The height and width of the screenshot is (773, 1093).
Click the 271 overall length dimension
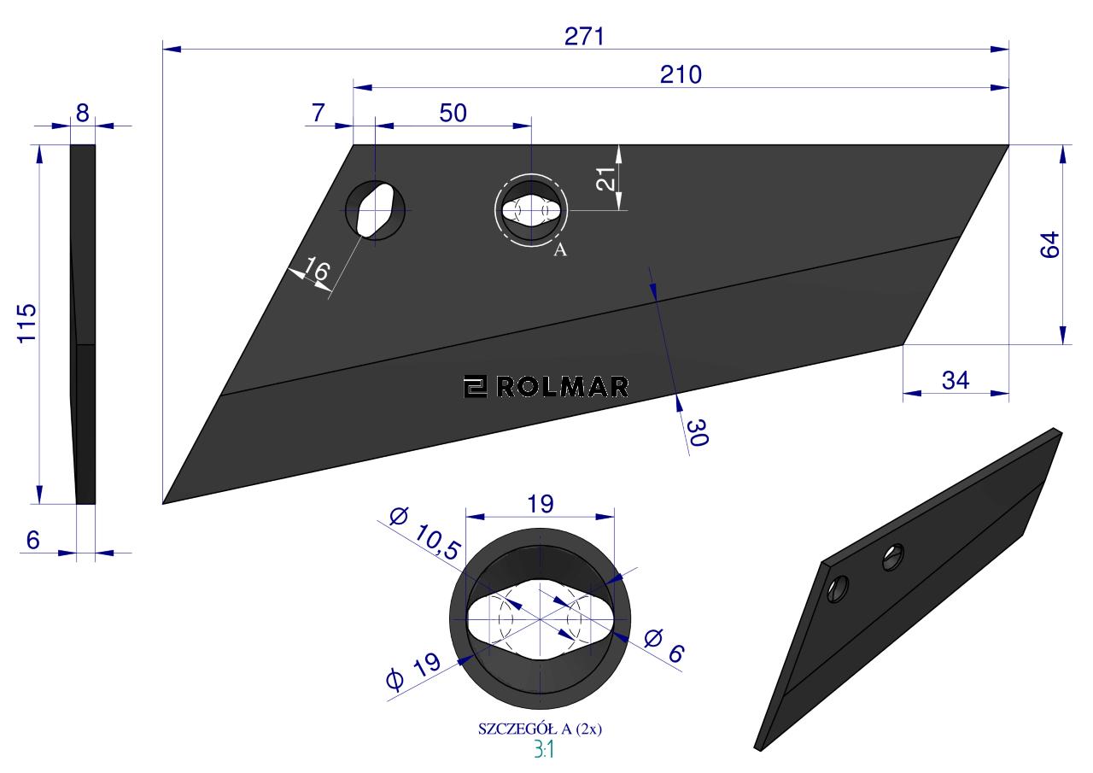pos(584,37)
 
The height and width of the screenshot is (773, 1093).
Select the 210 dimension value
pos(681,74)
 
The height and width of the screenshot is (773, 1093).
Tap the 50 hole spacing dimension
pos(453,114)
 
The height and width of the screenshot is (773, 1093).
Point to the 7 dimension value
pos(319,114)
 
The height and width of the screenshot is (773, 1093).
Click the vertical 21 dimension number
pos(606,179)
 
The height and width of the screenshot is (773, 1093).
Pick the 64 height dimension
pos(1049,244)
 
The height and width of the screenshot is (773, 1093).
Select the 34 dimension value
pos(956,381)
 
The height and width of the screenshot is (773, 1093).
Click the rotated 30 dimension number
pos(698,432)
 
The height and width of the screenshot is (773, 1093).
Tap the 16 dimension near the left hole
pos(317,269)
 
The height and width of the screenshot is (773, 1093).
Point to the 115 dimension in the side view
pos(27,324)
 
